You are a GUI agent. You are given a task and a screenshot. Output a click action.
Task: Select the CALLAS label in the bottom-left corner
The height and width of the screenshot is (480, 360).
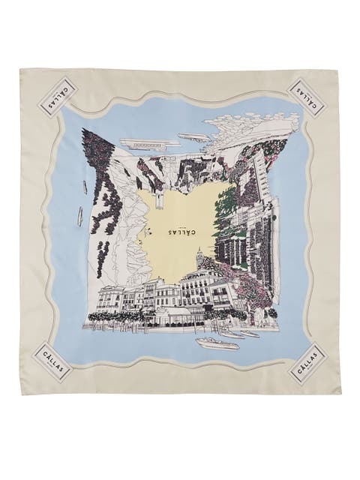57,362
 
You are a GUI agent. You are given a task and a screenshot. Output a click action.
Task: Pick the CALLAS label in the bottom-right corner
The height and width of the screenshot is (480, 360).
305,363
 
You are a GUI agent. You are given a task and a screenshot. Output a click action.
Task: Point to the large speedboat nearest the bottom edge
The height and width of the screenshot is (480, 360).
217,343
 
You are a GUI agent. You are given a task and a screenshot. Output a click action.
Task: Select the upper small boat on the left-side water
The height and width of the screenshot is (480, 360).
85,187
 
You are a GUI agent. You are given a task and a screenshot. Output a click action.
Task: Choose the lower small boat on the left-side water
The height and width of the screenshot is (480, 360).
79,217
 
